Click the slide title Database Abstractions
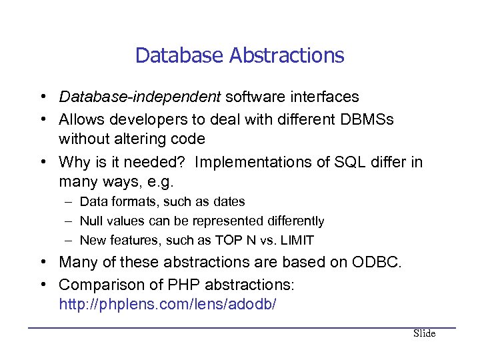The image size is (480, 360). (239, 55)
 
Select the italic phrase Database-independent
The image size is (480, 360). (139, 97)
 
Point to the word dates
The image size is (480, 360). (228, 201)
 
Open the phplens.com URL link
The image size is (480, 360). (167, 305)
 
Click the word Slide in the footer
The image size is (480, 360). (424, 333)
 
